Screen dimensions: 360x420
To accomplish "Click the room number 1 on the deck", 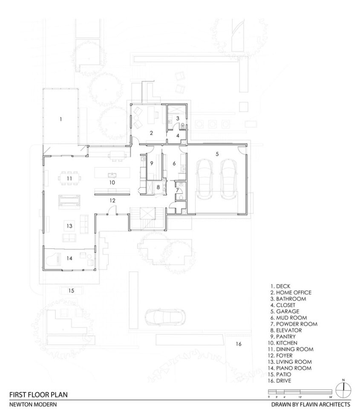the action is click(61, 119).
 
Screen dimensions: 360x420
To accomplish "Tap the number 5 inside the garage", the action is click(217, 154).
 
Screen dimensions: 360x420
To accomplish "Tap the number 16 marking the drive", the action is click(239, 344).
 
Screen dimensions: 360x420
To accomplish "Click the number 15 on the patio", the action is click(71, 291).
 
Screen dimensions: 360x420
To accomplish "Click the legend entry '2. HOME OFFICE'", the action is click(291, 293).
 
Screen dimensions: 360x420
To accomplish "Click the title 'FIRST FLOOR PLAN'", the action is click(38, 394).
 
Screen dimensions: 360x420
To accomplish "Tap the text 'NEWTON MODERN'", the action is click(33, 404).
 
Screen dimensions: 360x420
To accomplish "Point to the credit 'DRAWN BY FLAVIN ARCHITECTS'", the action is click(311, 404).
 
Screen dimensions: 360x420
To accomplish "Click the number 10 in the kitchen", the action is click(112, 182).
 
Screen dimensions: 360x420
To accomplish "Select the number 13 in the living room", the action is click(69, 226).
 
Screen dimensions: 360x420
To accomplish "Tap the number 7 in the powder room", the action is click(177, 190).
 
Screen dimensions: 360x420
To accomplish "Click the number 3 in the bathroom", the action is click(177, 118).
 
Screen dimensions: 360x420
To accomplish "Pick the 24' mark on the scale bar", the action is click(331, 397).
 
